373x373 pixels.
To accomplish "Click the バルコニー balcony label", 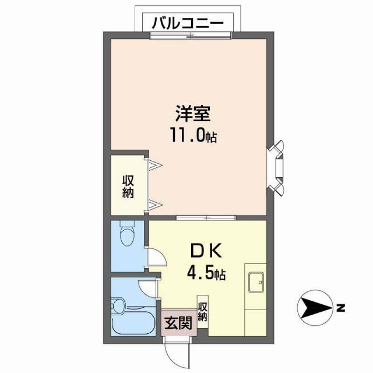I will pyautogui.click(x=187, y=24).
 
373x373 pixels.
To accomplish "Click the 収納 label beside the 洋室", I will pyautogui.click(x=128, y=186).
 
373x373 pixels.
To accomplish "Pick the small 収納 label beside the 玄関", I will pyautogui.click(x=202, y=312).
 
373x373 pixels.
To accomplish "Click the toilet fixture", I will pyautogui.click(x=125, y=235).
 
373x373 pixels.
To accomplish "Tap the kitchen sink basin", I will pyautogui.click(x=256, y=283).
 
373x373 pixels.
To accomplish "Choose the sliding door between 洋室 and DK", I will pyautogui.click(x=206, y=217).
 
